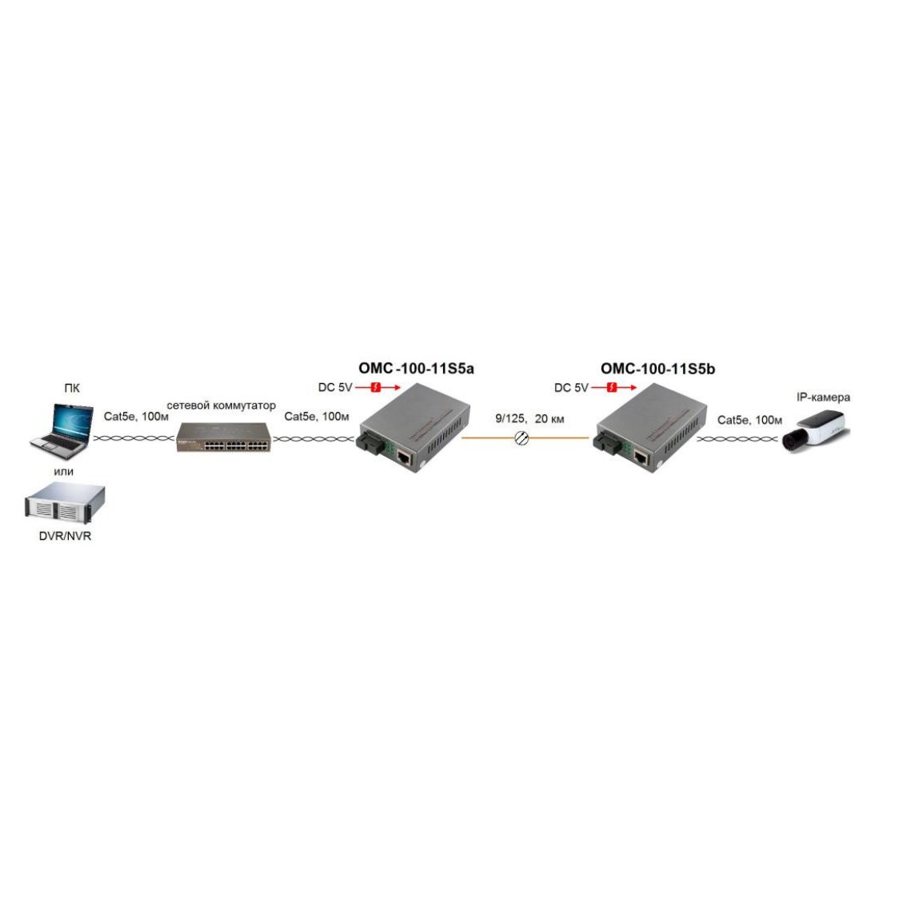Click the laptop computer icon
(62, 431)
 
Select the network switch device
(223, 438)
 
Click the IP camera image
(816, 431)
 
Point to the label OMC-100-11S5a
(417, 369)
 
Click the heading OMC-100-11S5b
(657, 369)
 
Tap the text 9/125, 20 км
(529, 418)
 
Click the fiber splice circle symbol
(521, 438)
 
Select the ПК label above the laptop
(72, 388)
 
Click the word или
(64, 472)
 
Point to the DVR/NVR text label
(65, 536)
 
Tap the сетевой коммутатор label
(221, 406)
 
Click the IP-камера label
(823, 398)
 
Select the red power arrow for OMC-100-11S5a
(378, 388)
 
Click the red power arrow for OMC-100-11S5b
(613, 388)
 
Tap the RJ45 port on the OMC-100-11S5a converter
(404, 458)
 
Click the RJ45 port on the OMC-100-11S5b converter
(641, 458)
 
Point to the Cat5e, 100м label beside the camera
(749, 421)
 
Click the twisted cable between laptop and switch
(134, 439)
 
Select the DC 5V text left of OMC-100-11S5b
(571, 388)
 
